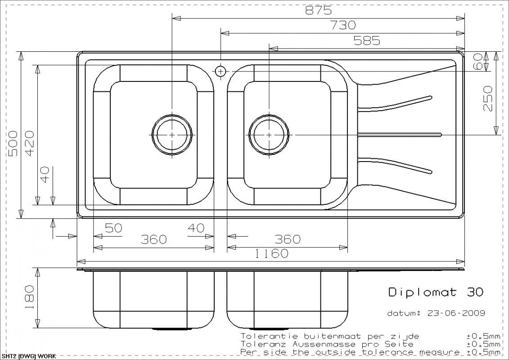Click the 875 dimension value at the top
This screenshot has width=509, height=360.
click(x=318, y=11)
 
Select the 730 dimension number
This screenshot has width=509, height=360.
click(x=343, y=25)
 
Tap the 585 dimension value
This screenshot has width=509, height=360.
click(x=367, y=40)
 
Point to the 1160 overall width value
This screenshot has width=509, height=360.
click(x=271, y=253)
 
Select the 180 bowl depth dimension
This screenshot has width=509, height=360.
click(x=29, y=297)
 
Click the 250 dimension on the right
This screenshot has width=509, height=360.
click(x=487, y=99)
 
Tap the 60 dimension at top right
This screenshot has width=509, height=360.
click(x=478, y=61)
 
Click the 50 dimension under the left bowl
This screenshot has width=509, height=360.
click(x=113, y=228)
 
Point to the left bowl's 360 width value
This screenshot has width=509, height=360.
click(x=154, y=239)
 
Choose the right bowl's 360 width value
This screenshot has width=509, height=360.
click(x=288, y=239)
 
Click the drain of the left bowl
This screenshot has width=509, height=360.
click(x=172, y=135)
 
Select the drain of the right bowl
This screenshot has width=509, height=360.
click(x=269, y=135)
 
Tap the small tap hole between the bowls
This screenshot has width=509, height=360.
click(x=221, y=71)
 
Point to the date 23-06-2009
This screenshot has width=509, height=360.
click(x=456, y=313)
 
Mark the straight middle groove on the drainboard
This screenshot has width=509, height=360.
click(x=400, y=135)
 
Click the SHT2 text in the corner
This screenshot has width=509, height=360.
click(x=8, y=356)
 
